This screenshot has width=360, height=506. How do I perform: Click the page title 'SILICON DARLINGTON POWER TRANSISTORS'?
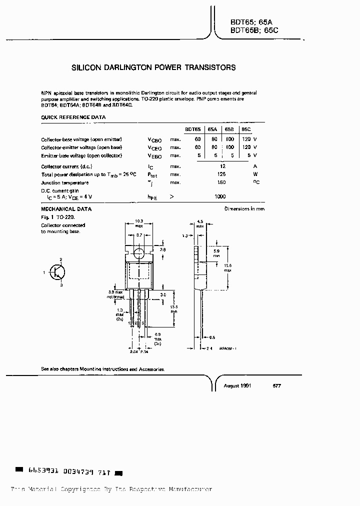click(x=153, y=67)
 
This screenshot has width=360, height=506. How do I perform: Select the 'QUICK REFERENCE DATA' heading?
click(x=73, y=117)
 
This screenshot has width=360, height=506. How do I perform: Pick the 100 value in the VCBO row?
click(x=229, y=139)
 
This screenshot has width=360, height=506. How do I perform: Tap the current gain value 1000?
click(x=220, y=197)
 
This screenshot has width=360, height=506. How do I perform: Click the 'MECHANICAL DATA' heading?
click(x=66, y=209)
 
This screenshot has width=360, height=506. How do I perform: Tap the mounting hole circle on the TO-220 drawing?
click(x=139, y=253)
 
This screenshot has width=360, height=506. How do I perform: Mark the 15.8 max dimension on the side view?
click(x=227, y=267)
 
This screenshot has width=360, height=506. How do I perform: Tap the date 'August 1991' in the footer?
click(x=237, y=386)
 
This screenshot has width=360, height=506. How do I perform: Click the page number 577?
click(x=277, y=386)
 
